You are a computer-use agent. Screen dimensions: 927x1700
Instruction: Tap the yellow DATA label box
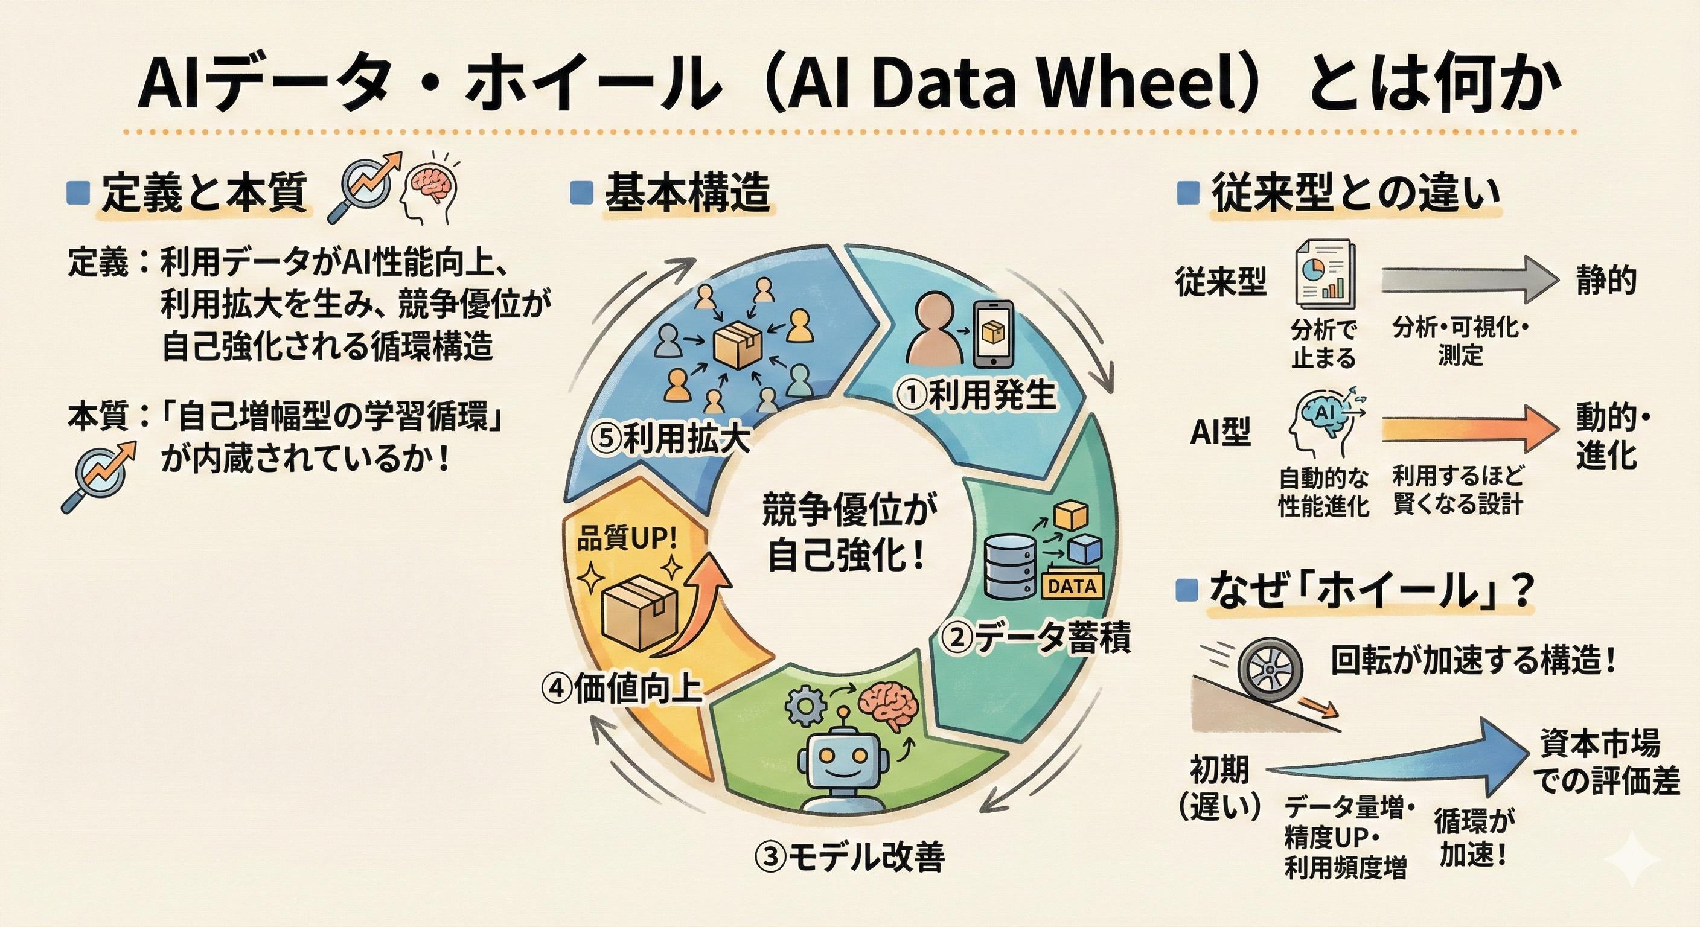(x=1072, y=585)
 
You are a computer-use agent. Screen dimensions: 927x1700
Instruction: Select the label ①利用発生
(x=976, y=396)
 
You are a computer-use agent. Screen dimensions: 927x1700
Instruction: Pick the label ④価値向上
(x=621, y=688)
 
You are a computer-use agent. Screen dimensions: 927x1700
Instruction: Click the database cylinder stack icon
(x=1008, y=565)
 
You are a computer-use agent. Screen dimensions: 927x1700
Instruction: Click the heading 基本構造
(x=686, y=193)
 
